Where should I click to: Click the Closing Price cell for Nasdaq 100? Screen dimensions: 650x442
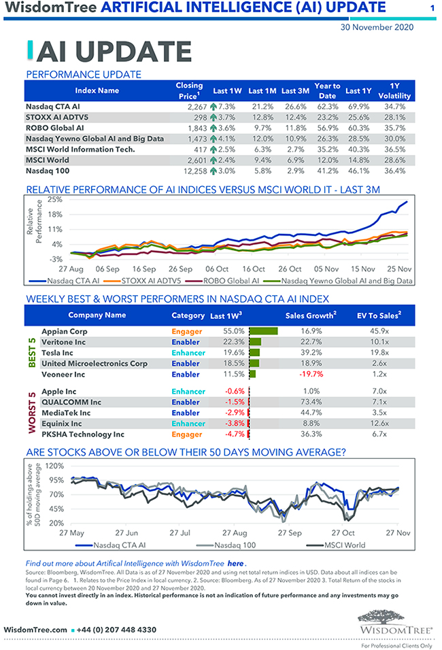188,171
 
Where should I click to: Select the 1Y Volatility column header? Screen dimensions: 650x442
394,90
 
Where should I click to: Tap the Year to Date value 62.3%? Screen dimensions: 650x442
328,107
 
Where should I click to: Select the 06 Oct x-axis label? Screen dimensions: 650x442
219,269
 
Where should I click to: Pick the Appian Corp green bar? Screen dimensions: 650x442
264,331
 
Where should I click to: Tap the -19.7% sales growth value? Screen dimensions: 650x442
308,375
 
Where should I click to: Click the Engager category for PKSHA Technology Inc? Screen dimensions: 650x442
187,434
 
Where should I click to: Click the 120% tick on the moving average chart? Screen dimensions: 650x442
55,466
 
